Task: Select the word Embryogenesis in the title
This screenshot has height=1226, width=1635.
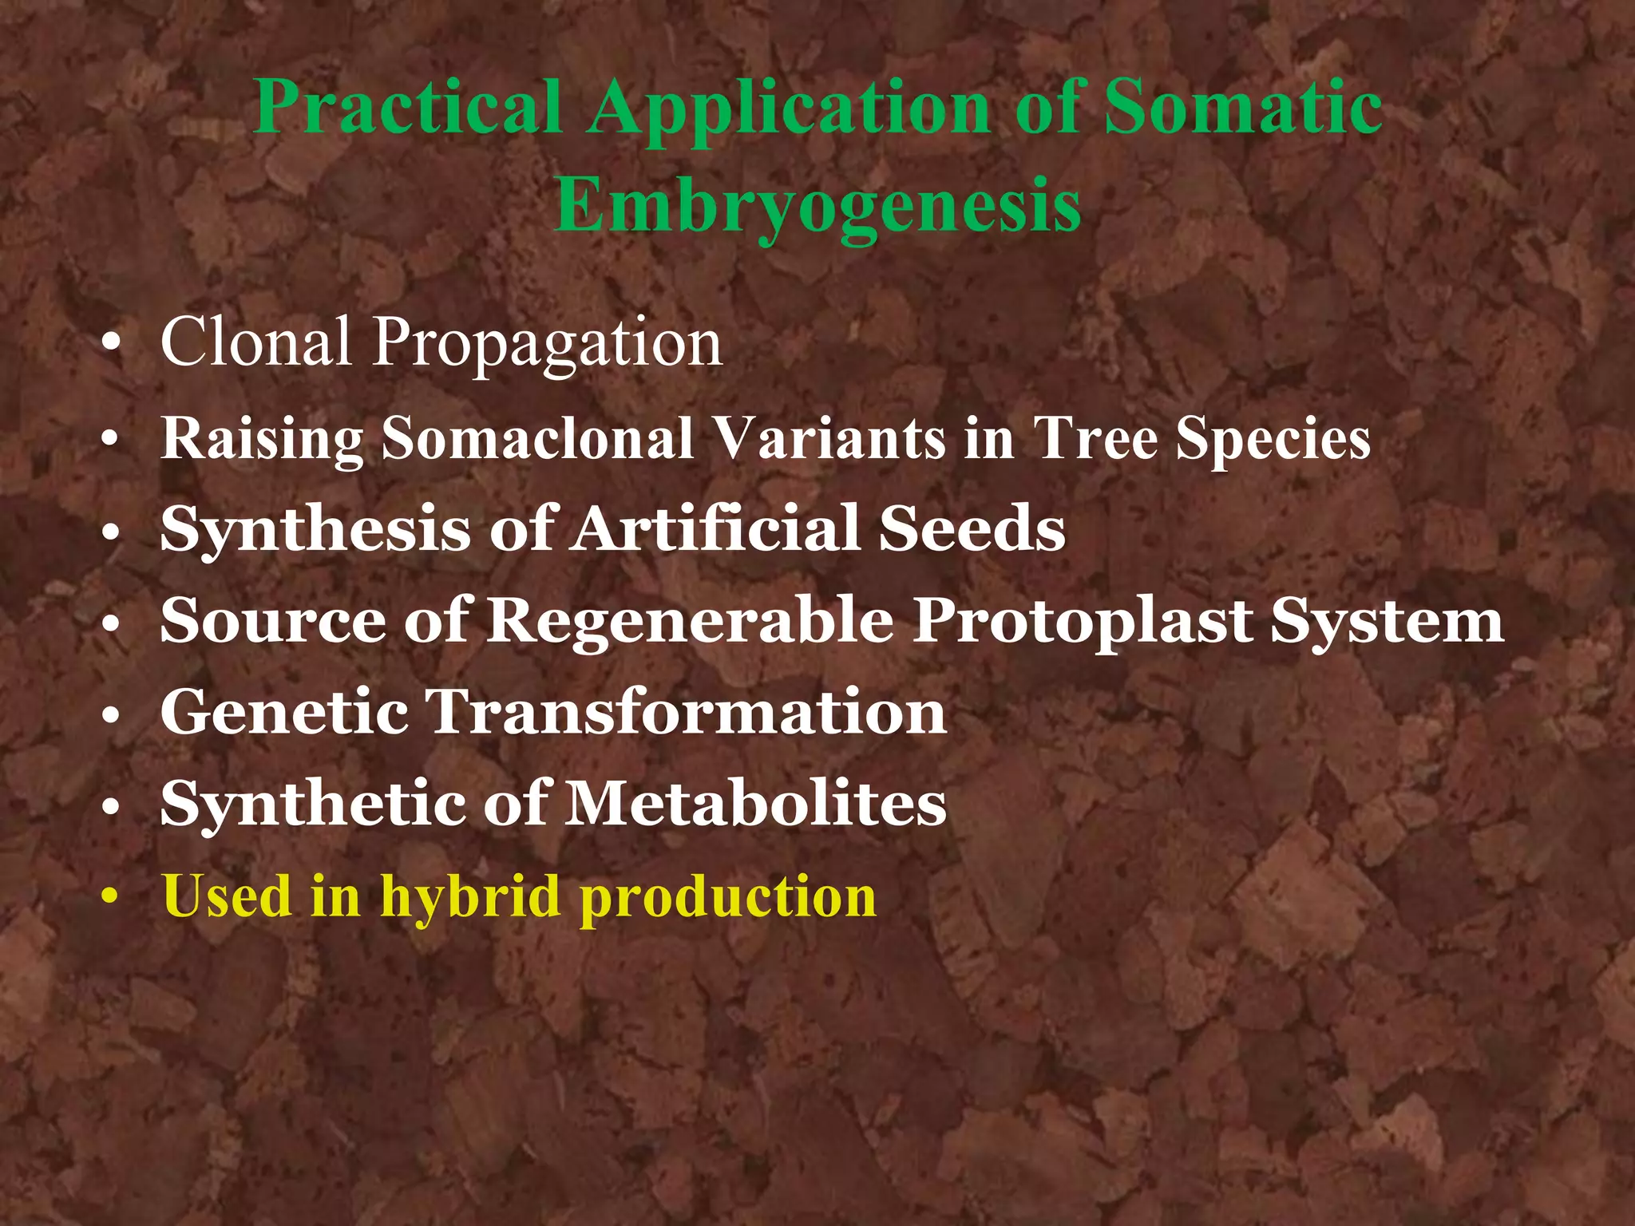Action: click(x=817, y=204)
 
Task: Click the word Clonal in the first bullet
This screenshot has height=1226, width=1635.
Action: click(x=255, y=342)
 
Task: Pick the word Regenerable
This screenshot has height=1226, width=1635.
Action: click(x=691, y=621)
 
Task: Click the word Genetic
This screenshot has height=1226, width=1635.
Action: click(x=284, y=712)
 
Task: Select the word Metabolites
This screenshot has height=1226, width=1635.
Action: click(x=756, y=803)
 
